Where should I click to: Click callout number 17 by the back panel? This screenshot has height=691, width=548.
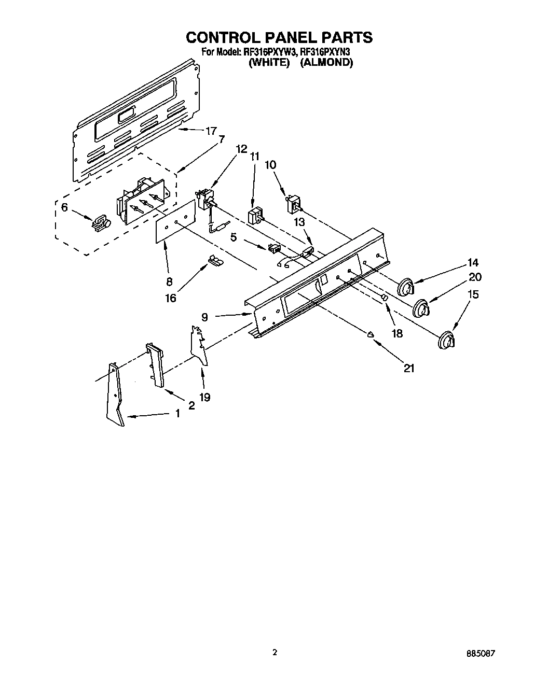click(210, 132)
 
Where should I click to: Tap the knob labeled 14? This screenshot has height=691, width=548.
click(406, 287)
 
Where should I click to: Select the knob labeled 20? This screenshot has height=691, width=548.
click(421, 309)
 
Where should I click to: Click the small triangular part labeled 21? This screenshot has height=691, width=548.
click(371, 334)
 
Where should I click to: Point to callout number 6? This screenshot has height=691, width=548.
click(64, 207)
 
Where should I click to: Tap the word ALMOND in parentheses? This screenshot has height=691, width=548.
click(327, 63)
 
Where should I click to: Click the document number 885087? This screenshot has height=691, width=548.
click(481, 654)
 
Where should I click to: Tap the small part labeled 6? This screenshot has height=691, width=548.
click(100, 222)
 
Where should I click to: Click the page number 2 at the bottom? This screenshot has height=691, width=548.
click(275, 652)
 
